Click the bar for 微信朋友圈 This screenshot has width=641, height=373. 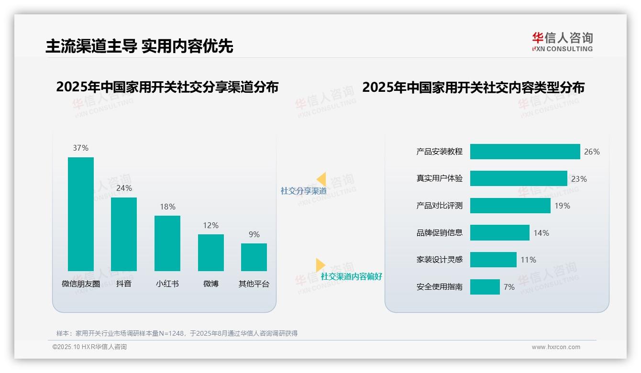coord(81,214)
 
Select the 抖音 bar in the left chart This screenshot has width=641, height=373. coord(124,234)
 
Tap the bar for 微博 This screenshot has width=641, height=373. coord(211,252)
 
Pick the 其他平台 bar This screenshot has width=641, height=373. coord(254,257)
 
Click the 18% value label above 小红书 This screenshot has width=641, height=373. coord(167,207)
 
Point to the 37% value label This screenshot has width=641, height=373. coord(81,148)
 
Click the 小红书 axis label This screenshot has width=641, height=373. coord(167,284)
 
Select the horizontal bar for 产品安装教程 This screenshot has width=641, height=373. coord(525,152)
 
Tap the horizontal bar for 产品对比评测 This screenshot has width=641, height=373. coord(510,206)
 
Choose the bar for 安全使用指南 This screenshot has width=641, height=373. coord(485,287)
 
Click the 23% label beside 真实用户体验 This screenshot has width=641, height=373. coord(579,179)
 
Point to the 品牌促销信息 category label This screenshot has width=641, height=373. coord(440,233)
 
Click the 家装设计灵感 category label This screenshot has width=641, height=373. coord(440,260)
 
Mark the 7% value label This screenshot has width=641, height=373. coord(509,287)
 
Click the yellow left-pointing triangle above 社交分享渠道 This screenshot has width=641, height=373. coord(321,179)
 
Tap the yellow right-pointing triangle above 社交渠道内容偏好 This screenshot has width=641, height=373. coord(320,265)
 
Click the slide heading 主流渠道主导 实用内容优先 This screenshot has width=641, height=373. coord(139,46)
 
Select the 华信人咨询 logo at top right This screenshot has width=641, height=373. coord(562,42)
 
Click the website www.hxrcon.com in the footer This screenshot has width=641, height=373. coord(556,347)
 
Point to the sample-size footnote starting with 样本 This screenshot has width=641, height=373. coord(177,333)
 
